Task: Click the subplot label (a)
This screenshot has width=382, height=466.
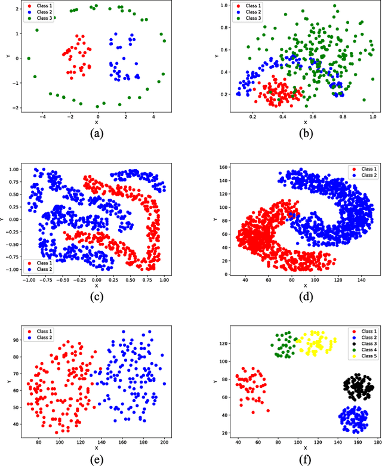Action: (95, 133)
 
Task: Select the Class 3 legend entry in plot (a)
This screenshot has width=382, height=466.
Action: (40, 18)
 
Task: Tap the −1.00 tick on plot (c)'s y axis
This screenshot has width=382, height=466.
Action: (12, 269)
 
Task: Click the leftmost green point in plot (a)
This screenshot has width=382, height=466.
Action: (28, 58)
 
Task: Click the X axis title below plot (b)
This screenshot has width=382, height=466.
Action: (305, 123)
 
